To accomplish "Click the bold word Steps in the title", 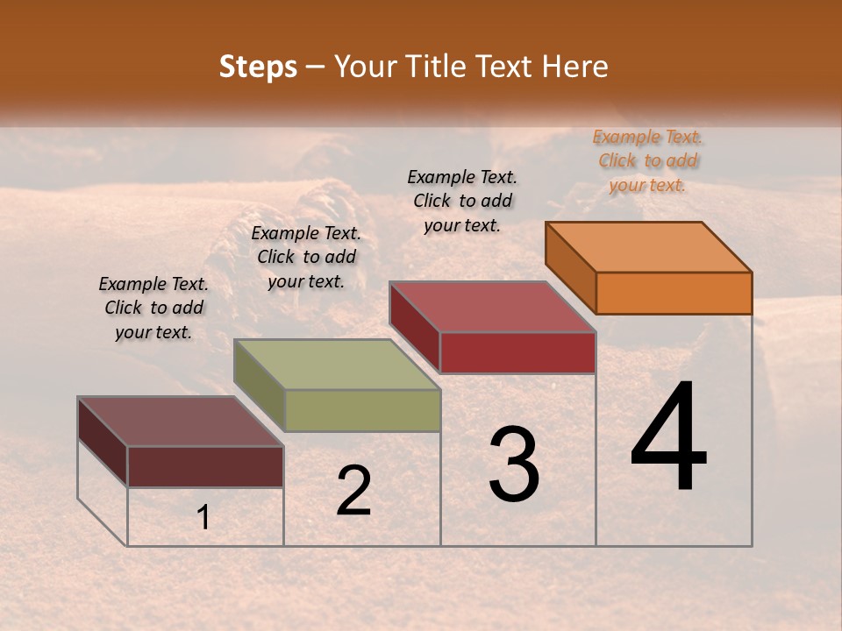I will click(x=258, y=67).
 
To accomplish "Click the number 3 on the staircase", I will click(x=514, y=464).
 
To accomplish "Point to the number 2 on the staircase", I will click(x=353, y=491).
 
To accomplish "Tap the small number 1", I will click(x=203, y=518).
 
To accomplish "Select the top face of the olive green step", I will click(x=337, y=364).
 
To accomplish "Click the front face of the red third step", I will click(x=517, y=352).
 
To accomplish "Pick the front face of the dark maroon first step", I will click(x=205, y=466).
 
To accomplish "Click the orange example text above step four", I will click(x=648, y=161).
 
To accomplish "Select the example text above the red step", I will click(x=462, y=201).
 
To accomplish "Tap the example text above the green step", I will click(x=306, y=257).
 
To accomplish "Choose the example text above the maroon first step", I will click(x=153, y=308).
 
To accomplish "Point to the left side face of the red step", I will click(x=414, y=325).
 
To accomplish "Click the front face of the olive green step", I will click(x=362, y=410).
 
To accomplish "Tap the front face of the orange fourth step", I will click(x=674, y=293).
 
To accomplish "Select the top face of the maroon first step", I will click(x=180, y=421).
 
